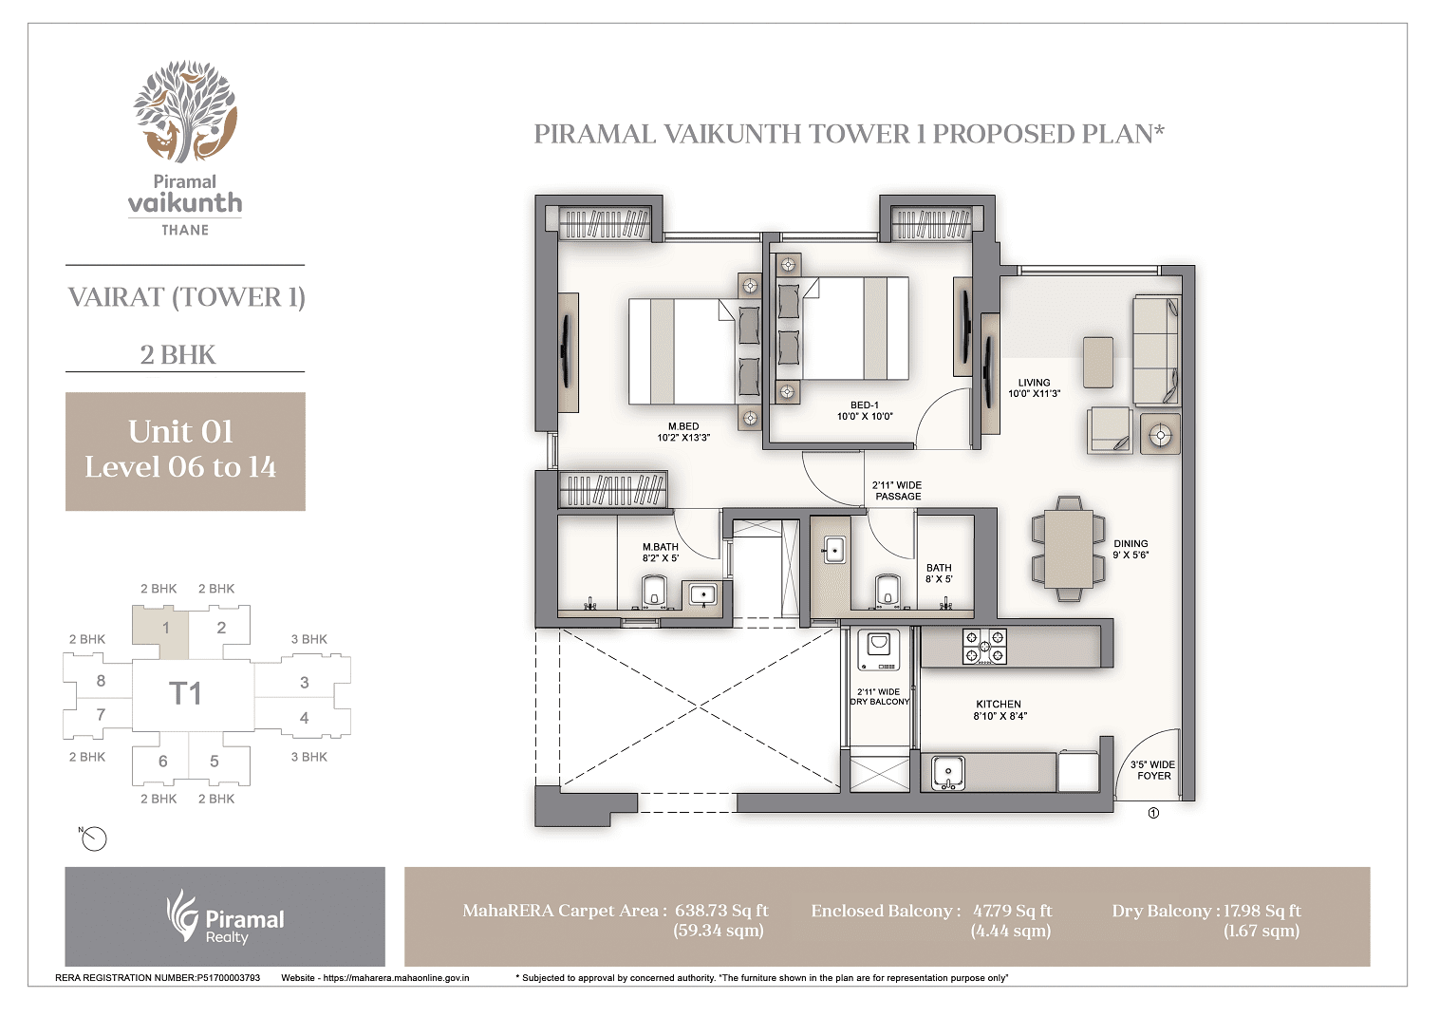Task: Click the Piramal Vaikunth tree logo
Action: click(x=185, y=112)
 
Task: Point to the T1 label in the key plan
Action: click(x=185, y=694)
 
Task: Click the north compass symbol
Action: click(x=94, y=838)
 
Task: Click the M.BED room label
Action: click(x=683, y=432)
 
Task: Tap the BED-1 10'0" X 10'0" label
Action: click(x=864, y=410)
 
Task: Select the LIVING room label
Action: click(x=1034, y=387)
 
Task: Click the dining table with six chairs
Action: click(x=1069, y=548)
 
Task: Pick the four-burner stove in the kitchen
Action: click(x=984, y=646)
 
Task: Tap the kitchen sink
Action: click(x=947, y=771)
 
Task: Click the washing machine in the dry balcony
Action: click(x=879, y=651)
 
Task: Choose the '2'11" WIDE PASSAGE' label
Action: click(x=897, y=490)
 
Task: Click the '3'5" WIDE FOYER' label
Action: click(x=1153, y=770)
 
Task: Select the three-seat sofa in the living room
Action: click(x=1156, y=348)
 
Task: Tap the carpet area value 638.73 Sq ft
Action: click(x=721, y=911)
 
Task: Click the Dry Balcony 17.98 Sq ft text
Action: click(x=1206, y=911)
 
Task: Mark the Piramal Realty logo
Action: click(x=225, y=917)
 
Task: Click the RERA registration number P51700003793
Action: click(x=228, y=977)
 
